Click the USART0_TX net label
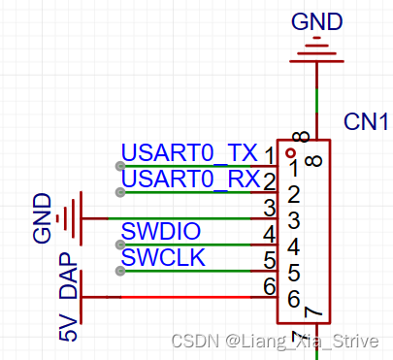tap(189, 153)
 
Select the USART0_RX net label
tap(189, 180)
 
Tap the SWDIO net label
tap(161, 232)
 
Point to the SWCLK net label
tap(161, 258)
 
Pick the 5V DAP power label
tap(67, 305)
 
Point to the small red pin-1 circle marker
tap(289, 152)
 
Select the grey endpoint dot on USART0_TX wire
tap(119, 166)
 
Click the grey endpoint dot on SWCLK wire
tap(119, 271)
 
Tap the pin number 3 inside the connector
tap(292, 222)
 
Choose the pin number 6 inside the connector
tap(292, 299)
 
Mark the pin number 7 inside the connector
tap(312, 312)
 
